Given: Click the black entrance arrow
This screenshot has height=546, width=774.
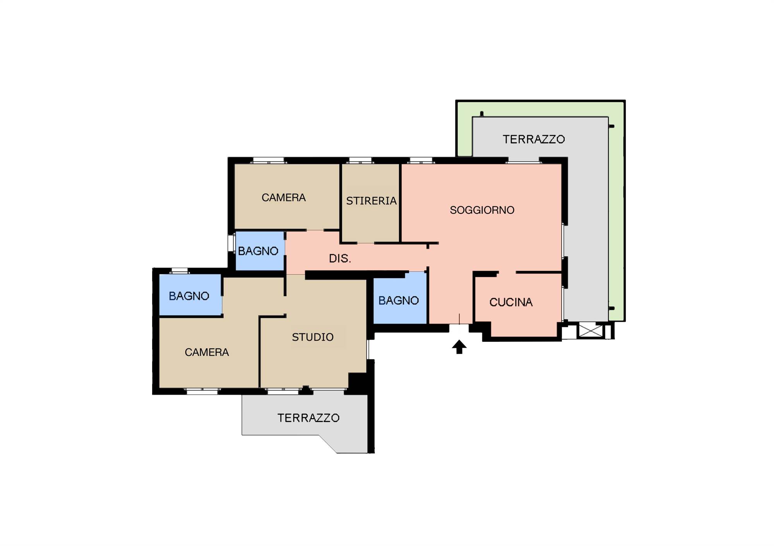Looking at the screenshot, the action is click(459, 347).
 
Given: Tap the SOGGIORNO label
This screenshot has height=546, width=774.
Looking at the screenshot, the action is click(482, 210).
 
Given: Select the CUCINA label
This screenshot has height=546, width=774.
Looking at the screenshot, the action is click(511, 302).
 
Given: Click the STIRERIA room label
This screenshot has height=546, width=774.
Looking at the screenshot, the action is click(371, 201).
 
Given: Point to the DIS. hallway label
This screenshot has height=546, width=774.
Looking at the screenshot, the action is click(340, 258).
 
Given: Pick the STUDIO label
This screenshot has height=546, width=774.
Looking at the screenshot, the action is click(313, 337).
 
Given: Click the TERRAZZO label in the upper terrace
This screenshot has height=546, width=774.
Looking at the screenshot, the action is click(534, 139).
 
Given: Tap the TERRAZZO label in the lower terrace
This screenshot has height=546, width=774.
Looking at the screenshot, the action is click(308, 418).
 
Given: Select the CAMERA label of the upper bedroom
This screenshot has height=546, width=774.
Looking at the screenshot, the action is click(284, 198).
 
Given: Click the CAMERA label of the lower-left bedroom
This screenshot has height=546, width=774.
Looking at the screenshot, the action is click(207, 352).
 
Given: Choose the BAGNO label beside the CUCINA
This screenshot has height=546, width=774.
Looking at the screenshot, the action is click(399, 300).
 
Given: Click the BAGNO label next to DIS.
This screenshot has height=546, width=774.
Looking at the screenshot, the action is click(258, 251).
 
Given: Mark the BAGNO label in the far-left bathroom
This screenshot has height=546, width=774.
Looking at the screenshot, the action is click(189, 296).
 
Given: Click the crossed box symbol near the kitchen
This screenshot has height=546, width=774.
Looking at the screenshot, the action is click(591, 331).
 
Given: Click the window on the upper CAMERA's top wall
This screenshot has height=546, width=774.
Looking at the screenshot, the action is click(269, 160).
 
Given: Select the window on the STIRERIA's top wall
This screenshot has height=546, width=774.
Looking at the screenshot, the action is click(360, 160).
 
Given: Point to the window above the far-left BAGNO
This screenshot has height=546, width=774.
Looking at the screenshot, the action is click(180, 271).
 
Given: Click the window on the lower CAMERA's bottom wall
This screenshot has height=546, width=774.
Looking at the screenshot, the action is click(202, 391).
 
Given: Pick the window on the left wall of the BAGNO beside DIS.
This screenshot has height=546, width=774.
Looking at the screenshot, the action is click(231, 243).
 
